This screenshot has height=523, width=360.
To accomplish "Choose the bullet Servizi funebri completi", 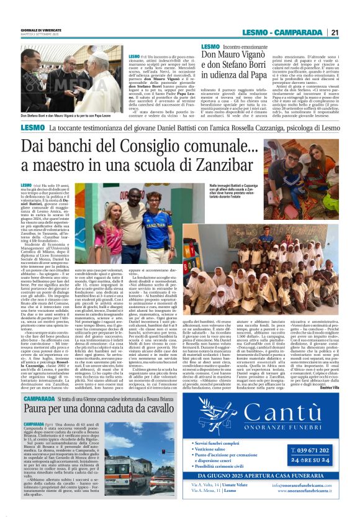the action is [x=223, y=425].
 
